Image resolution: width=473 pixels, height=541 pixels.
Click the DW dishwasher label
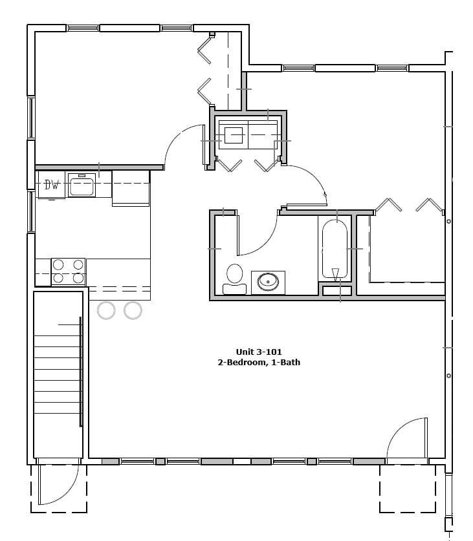tap(52, 186)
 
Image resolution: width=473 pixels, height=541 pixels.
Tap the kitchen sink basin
tap(82, 187)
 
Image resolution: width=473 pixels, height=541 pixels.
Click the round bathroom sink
tap(267, 282)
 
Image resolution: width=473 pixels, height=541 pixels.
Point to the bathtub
tap(335, 249)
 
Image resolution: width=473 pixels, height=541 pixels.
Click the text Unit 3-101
tap(259, 352)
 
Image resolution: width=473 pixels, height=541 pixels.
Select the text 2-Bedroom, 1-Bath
tap(259, 363)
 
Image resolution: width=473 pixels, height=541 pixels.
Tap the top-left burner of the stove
tap(58, 264)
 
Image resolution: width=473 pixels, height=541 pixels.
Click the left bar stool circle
tap(106, 310)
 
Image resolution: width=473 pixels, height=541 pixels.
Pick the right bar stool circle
tap(133, 310)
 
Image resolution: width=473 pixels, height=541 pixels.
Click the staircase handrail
tap(80, 372)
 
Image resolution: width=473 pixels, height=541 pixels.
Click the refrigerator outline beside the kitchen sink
tap(131, 188)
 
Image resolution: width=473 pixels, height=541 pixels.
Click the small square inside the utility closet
tap(234, 135)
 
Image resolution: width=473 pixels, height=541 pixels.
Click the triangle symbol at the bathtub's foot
tap(335, 273)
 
